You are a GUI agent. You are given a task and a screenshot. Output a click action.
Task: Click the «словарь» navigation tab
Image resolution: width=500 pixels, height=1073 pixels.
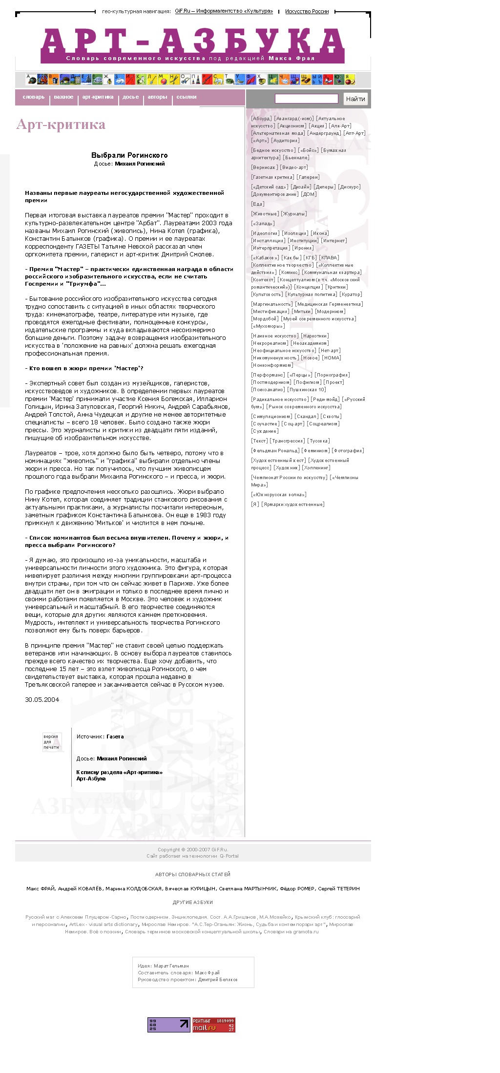[x=34, y=97]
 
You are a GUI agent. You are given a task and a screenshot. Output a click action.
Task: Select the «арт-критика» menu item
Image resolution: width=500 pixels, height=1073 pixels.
[x=98, y=97]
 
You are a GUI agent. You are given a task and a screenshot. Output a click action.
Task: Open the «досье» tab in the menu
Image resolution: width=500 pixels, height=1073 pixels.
[x=130, y=97]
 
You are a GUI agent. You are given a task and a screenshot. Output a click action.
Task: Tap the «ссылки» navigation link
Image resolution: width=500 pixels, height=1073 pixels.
[x=186, y=97]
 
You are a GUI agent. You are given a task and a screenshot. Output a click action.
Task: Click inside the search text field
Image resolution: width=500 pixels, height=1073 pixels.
[x=306, y=99]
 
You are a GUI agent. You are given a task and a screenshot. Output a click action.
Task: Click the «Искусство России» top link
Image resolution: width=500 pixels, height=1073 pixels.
[x=307, y=11]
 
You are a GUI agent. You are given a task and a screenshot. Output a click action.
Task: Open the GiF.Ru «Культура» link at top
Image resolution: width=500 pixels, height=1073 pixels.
[x=224, y=11]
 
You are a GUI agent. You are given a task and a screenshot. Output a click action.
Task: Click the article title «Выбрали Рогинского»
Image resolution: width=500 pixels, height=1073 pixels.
[x=129, y=155]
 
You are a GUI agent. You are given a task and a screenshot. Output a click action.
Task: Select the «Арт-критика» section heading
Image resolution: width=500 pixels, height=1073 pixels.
[x=61, y=125]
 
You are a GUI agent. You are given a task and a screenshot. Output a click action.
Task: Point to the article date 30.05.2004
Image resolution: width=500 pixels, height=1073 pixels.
[x=42, y=700]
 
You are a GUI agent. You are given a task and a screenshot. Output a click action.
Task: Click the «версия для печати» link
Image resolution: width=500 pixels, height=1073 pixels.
[x=51, y=742]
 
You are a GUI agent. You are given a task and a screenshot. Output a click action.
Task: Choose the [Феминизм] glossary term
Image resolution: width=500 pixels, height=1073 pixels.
[x=315, y=451]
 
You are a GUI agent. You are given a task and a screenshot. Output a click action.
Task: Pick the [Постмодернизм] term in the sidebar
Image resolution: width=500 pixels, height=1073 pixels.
[x=271, y=382]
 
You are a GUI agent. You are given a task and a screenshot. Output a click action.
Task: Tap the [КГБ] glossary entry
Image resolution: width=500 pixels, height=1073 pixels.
[x=310, y=258]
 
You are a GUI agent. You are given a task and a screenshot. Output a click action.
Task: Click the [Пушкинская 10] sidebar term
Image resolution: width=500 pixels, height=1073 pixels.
[x=307, y=390]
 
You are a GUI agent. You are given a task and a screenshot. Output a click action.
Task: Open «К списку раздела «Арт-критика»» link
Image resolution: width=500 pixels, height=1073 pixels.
[x=119, y=772]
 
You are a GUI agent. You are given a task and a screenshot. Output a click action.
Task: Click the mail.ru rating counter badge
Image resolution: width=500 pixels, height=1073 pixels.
[x=213, y=1025]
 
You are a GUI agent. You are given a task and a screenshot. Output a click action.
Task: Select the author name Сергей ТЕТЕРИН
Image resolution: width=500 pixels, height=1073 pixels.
[x=338, y=888]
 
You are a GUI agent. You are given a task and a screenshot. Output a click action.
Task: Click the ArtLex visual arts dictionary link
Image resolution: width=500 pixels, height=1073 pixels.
[x=104, y=924]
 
